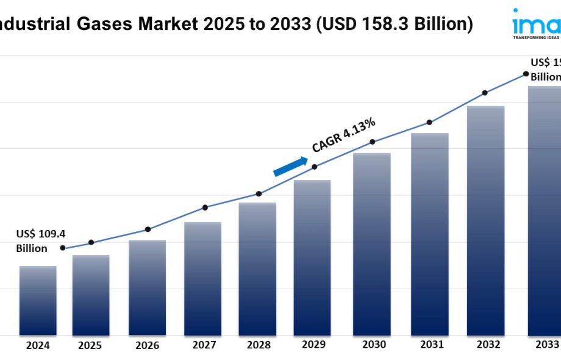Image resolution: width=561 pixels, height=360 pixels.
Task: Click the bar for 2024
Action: pos(38,300)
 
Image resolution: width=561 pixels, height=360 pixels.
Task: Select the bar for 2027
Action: pos(202,278)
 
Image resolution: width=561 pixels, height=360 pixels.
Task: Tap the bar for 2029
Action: pos(312,257)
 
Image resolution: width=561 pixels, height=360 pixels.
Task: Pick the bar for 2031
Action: pos(429,234)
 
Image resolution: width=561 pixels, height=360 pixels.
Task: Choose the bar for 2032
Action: pos(485,220)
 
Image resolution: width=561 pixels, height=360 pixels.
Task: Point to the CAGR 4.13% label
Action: pos(343,135)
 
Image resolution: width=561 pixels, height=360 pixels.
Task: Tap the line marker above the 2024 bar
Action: pos(63,248)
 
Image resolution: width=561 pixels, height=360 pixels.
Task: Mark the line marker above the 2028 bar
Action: pos(259,193)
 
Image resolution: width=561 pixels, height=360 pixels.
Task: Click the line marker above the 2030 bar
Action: pos(372,142)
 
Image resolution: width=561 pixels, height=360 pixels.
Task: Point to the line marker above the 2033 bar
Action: pos(526,74)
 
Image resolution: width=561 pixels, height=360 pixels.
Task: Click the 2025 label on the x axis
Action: pos(91,345)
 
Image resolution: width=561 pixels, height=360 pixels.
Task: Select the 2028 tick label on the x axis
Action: pos(259,345)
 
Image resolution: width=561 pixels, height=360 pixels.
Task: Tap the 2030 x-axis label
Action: pos(373,345)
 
